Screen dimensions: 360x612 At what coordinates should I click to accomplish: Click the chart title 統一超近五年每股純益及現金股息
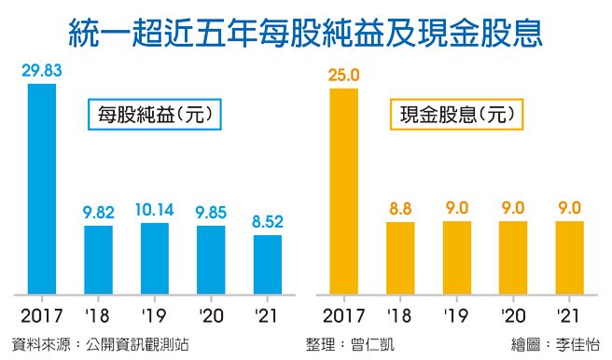[x=306, y=35]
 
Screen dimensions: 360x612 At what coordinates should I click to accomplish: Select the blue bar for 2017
[x=42, y=187]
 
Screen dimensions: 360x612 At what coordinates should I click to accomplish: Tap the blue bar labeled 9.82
[x=99, y=257]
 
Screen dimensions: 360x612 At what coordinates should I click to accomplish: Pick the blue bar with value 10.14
[x=155, y=256]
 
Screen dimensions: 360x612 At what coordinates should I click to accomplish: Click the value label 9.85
[x=212, y=213]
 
